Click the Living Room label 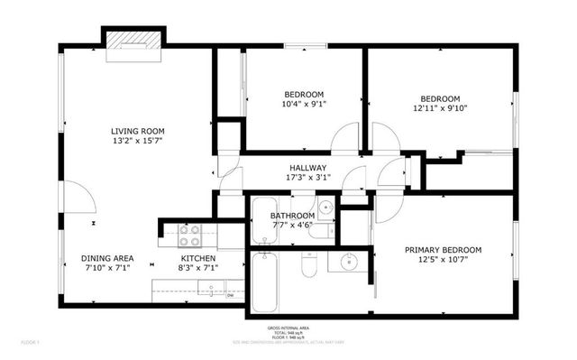pyautogui.click(x=137, y=131)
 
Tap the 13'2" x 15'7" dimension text pyautogui.click(x=137, y=142)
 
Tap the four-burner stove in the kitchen pyautogui.click(x=189, y=235)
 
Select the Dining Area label pyautogui.click(x=107, y=258)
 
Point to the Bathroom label pyautogui.click(x=292, y=216)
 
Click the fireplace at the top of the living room pyautogui.click(x=134, y=45)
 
